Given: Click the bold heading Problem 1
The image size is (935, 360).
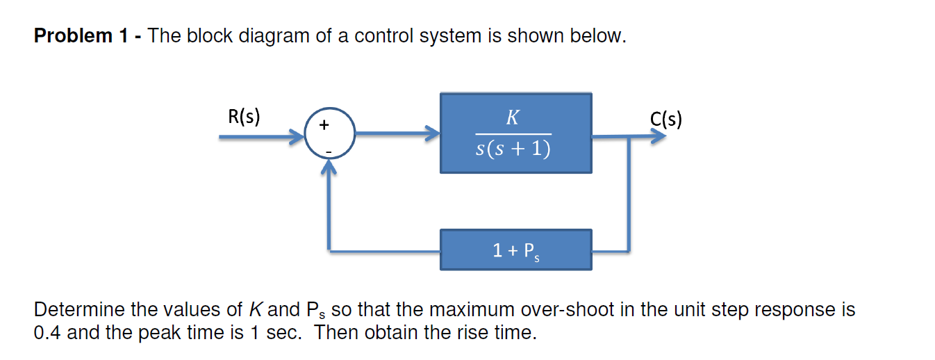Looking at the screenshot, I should coord(83,36).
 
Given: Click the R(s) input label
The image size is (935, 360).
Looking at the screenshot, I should coord(244,116).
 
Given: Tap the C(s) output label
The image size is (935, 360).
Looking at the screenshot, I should coord(666,120).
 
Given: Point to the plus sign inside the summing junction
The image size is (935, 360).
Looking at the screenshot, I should coord(324,126).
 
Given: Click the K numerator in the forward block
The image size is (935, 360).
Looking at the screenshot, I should coord(513,117).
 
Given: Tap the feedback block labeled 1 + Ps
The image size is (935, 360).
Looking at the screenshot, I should coord(515,249).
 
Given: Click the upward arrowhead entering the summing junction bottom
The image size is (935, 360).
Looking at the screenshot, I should coord(330,169).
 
